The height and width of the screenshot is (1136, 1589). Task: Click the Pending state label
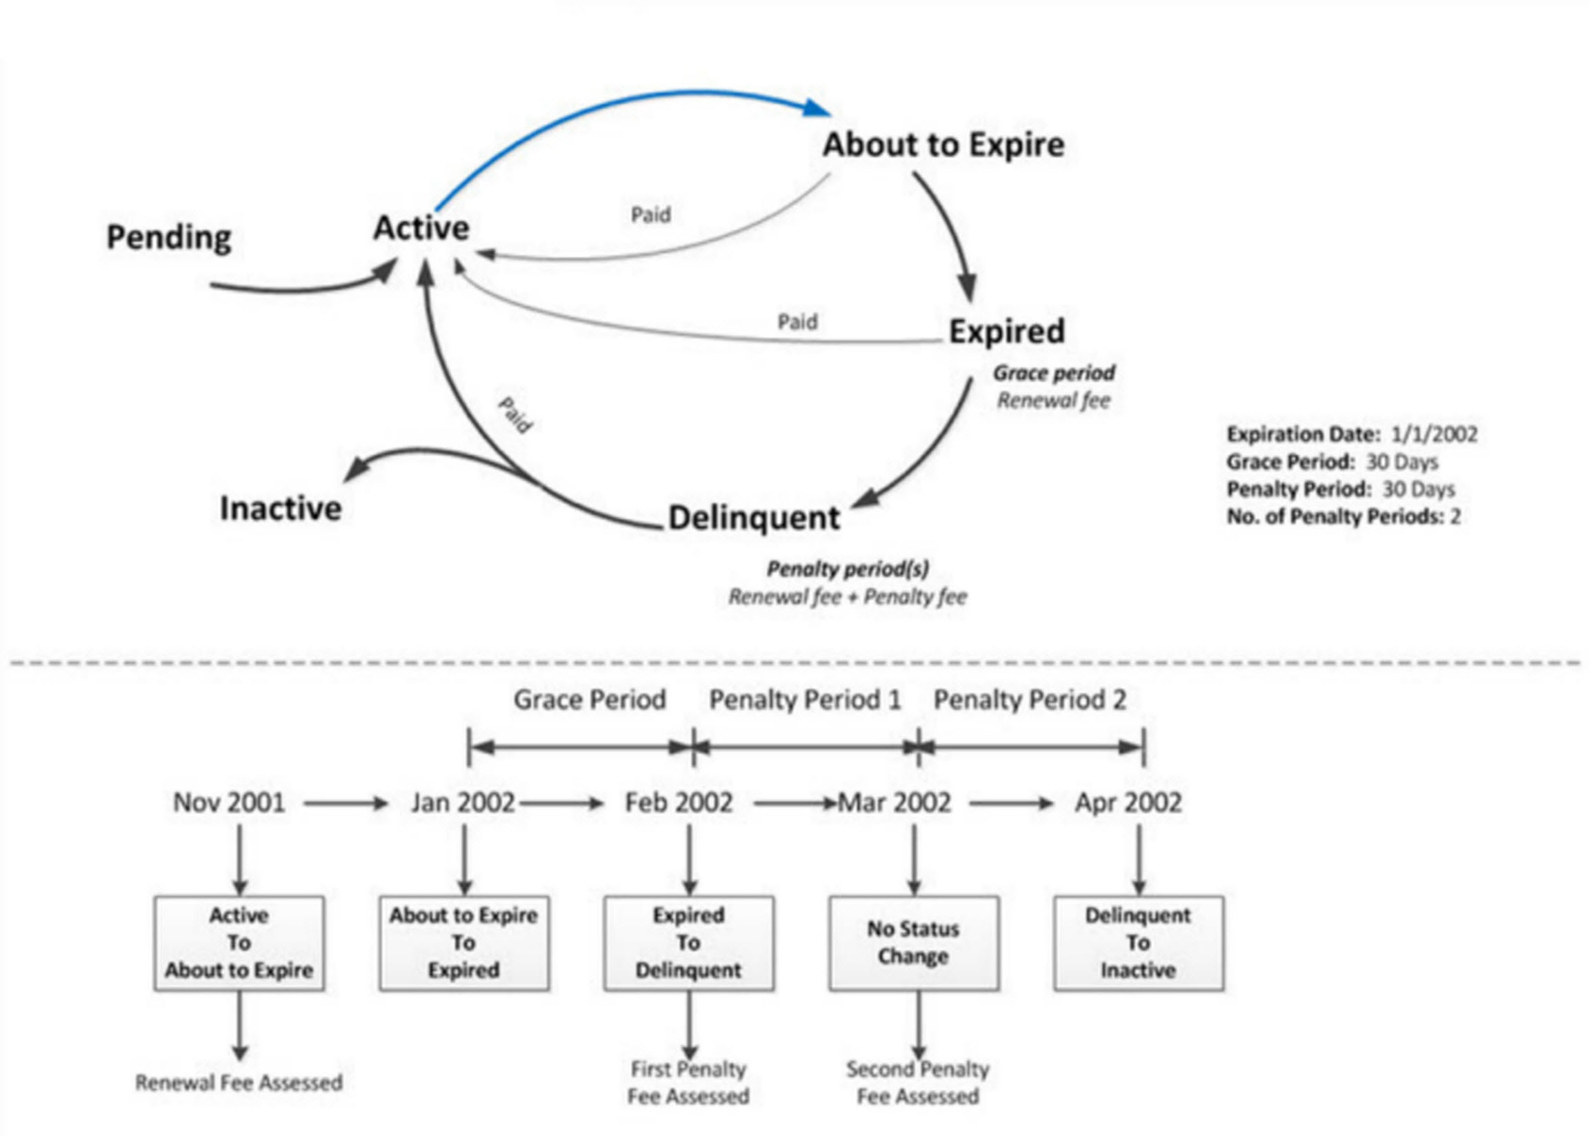tap(169, 237)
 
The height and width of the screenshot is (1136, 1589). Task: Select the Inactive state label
tap(281, 509)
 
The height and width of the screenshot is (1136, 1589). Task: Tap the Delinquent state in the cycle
tap(754, 518)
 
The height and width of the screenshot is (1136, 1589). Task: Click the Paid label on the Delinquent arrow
tap(516, 415)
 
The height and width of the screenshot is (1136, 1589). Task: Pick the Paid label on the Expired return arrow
tap(797, 322)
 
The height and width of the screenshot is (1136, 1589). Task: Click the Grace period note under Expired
tap(1054, 373)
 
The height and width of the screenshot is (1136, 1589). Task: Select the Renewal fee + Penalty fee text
tap(848, 597)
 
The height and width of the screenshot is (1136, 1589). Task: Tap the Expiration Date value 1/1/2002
tap(1434, 434)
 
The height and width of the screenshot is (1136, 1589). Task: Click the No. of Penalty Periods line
tap(1343, 516)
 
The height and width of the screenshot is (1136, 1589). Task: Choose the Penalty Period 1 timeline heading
tap(805, 700)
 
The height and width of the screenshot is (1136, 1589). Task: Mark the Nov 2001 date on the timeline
tap(229, 802)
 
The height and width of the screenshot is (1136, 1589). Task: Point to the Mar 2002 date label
tap(895, 802)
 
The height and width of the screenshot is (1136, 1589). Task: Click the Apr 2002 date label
tap(1128, 802)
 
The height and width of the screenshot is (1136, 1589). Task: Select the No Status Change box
tap(913, 942)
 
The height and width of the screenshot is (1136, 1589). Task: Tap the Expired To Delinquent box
tap(688, 942)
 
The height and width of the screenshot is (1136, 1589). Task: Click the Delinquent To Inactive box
tap(1139, 942)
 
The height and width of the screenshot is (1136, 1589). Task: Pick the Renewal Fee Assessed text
tap(239, 1083)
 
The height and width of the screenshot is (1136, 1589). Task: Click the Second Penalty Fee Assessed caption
tap(917, 1082)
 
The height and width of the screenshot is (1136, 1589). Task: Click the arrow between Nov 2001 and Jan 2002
tap(346, 803)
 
